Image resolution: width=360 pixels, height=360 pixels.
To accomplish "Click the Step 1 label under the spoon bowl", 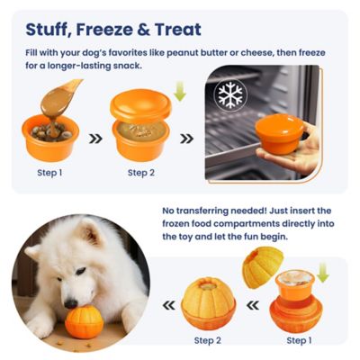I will (x=50, y=173).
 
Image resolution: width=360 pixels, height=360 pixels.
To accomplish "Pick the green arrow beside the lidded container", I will (x=179, y=92).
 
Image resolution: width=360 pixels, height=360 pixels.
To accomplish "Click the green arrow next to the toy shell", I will (x=323, y=273).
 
